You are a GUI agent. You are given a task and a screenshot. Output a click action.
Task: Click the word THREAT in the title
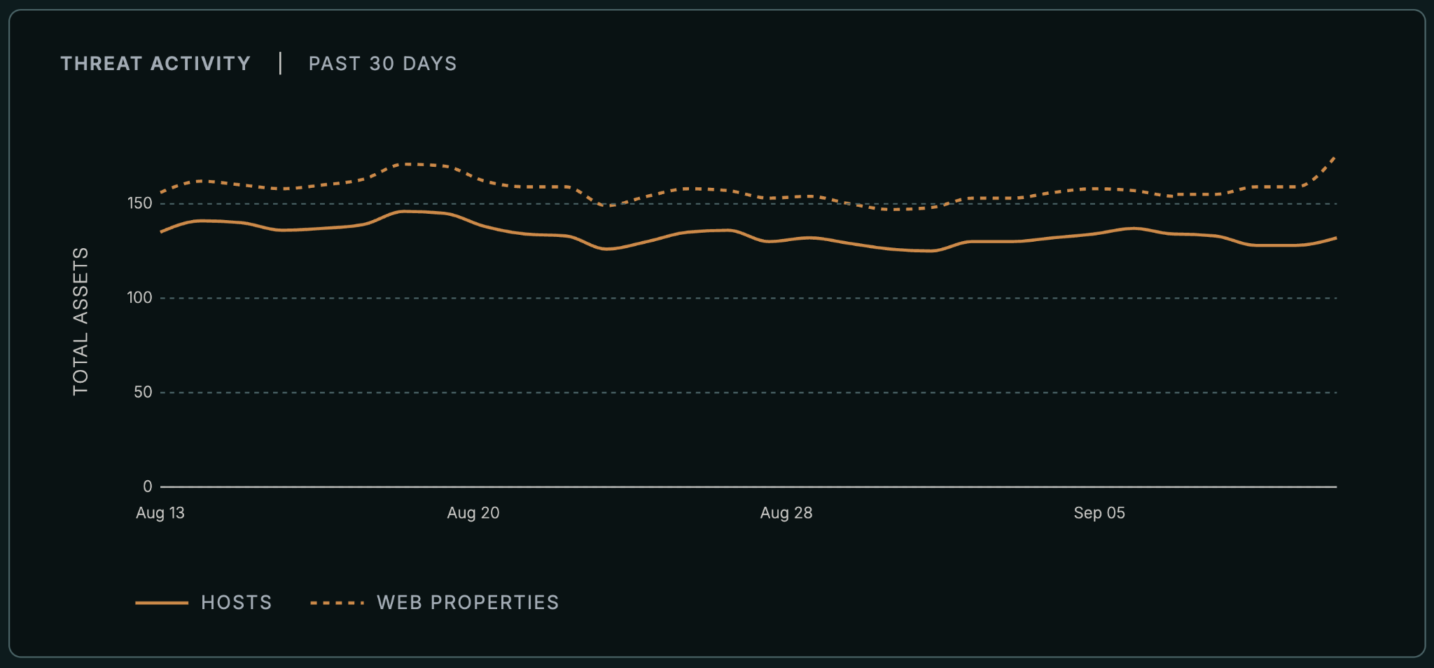click(x=102, y=64)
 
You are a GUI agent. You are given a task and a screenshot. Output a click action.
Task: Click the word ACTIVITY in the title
click(x=200, y=64)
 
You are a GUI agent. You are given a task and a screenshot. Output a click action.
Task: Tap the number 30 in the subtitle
click(x=382, y=64)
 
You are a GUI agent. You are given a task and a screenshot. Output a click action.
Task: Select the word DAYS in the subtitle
click(x=429, y=64)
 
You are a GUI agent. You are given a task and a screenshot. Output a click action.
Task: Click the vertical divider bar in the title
click(x=280, y=64)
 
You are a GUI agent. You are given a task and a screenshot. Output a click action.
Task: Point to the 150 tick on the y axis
click(x=139, y=203)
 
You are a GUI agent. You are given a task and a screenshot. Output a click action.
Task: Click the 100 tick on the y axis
click(x=139, y=298)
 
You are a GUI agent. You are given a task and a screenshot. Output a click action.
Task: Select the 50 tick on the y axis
click(x=143, y=392)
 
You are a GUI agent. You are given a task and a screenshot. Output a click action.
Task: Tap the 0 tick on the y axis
click(x=147, y=486)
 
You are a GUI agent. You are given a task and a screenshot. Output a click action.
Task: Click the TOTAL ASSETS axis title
click(x=81, y=321)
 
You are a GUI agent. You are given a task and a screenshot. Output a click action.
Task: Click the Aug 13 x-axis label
click(x=160, y=513)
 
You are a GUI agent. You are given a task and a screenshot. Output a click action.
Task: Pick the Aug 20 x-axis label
click(x=473, y=513)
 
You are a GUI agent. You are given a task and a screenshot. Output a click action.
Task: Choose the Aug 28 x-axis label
click(x=786, y=513)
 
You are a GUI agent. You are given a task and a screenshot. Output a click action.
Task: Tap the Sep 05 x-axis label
click(x=1099, y=513)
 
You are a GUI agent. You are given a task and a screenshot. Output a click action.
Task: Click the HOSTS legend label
click(x=237, y=603)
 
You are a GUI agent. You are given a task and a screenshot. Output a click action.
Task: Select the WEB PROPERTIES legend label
click(x=468, y=603)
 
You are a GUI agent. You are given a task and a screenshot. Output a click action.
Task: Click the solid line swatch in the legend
click(x=162, y=603)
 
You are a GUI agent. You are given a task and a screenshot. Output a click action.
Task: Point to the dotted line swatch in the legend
click(x=337, y=603)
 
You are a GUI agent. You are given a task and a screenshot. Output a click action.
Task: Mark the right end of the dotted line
click(x=1336, y=156)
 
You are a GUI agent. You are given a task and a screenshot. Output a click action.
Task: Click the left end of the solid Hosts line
click(x=161, y=232)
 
